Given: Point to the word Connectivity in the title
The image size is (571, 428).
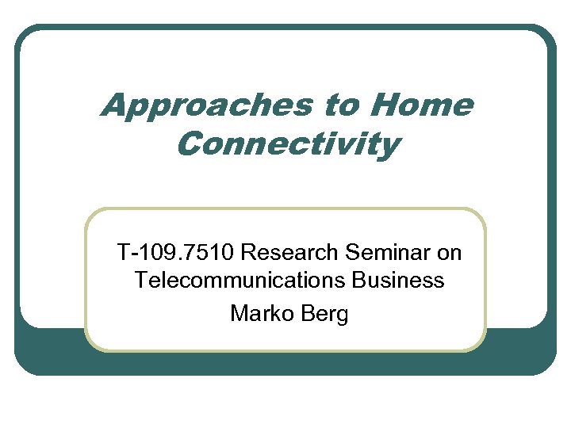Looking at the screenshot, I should (x=288, y=145).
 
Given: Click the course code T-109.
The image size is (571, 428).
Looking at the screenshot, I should (x=146, y=253).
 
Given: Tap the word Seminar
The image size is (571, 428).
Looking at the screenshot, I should (x=389, y=253).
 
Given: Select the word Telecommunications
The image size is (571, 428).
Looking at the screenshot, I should (x=236, y=281).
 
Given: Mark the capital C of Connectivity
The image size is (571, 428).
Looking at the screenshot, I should (x=190, y=145).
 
